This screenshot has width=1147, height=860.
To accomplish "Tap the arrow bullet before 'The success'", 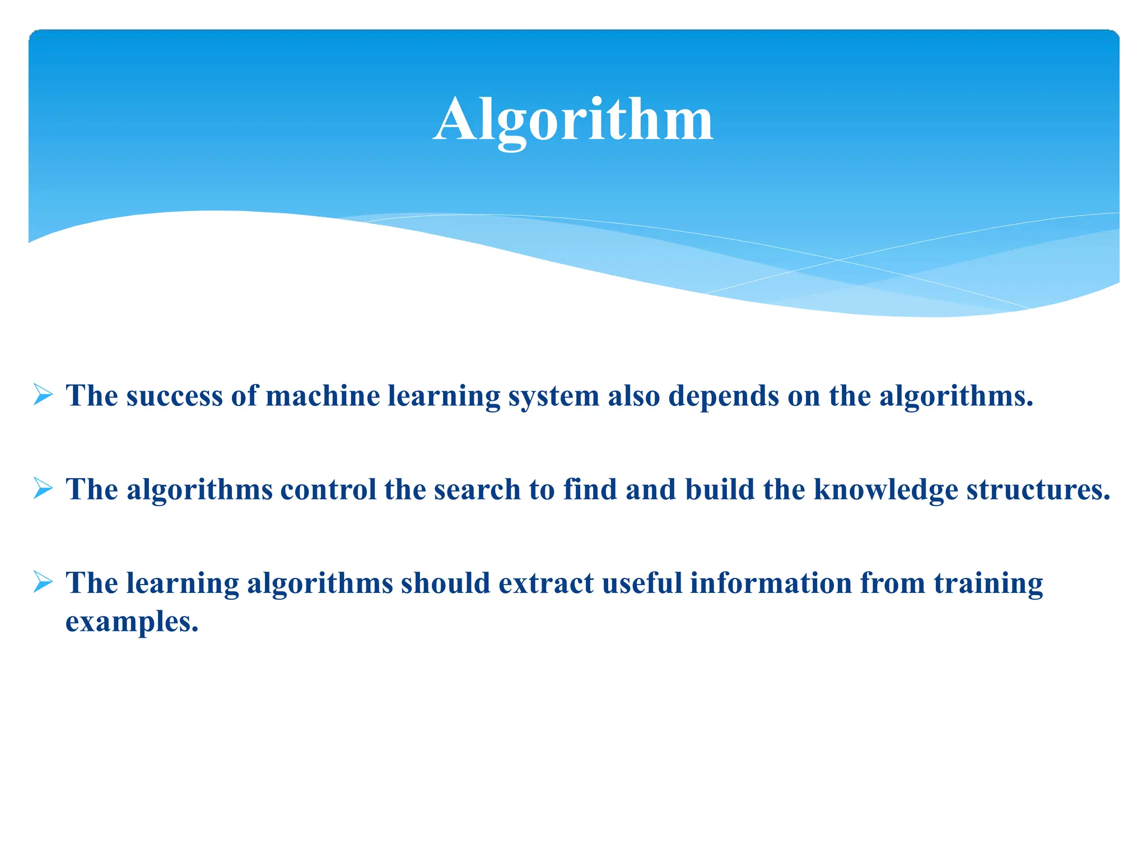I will pyautogui.click(x=43, y=395).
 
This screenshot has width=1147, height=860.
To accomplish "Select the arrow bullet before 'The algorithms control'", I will pyautogui.click(x=43, y=488).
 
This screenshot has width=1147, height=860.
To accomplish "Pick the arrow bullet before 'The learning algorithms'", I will pyautogui.click(x=43, y=582).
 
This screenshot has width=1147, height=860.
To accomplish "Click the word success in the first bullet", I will pyautogui.click(x=174, y=396).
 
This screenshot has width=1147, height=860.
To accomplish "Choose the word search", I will pyautogui.click(x=477, y=489).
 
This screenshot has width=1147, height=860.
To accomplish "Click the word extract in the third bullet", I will pyautogui.click(x=546, y=583).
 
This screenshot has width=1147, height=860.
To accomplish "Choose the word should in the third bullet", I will pyautogui.click(x=446, y=583).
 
